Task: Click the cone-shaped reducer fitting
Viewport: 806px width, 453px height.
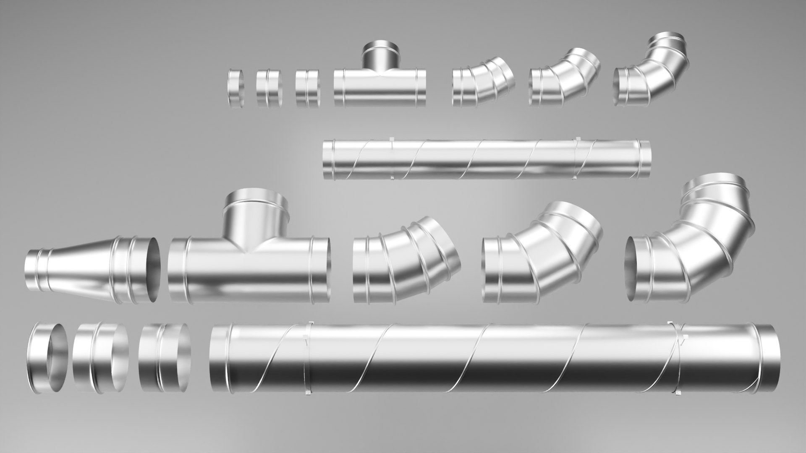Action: click(84, 268)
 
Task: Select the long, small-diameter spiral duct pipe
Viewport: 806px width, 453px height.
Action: click(487, 159)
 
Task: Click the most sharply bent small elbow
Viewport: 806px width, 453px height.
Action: click(655, 75)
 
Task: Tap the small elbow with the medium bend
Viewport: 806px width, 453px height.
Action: click(563, 80)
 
